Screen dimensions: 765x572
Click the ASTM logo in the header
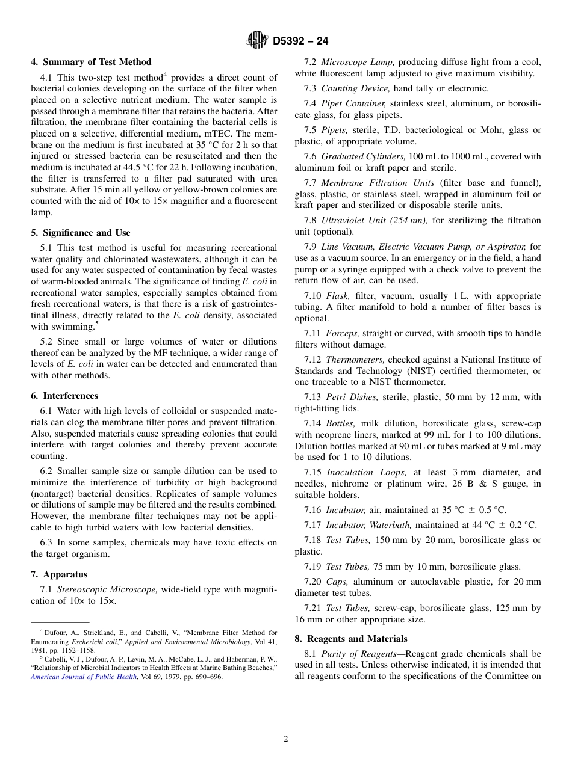coord(256,40)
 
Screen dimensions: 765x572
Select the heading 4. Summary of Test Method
coord(91,62)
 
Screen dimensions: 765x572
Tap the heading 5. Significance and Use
coord(81,233)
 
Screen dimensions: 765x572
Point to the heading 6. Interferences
coord(64,396)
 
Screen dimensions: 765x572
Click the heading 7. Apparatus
coord(59,574)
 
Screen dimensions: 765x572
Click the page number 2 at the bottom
coord(286,739)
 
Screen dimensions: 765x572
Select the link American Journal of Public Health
coord(84,677)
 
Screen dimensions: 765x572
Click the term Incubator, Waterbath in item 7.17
coord(369,525)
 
